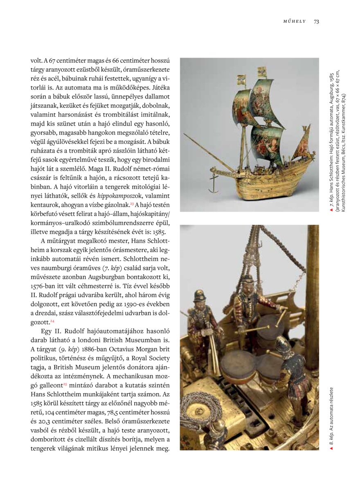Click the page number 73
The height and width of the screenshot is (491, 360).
click(x=316, y=21)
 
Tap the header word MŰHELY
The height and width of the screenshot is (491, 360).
click(x=295, y=21)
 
